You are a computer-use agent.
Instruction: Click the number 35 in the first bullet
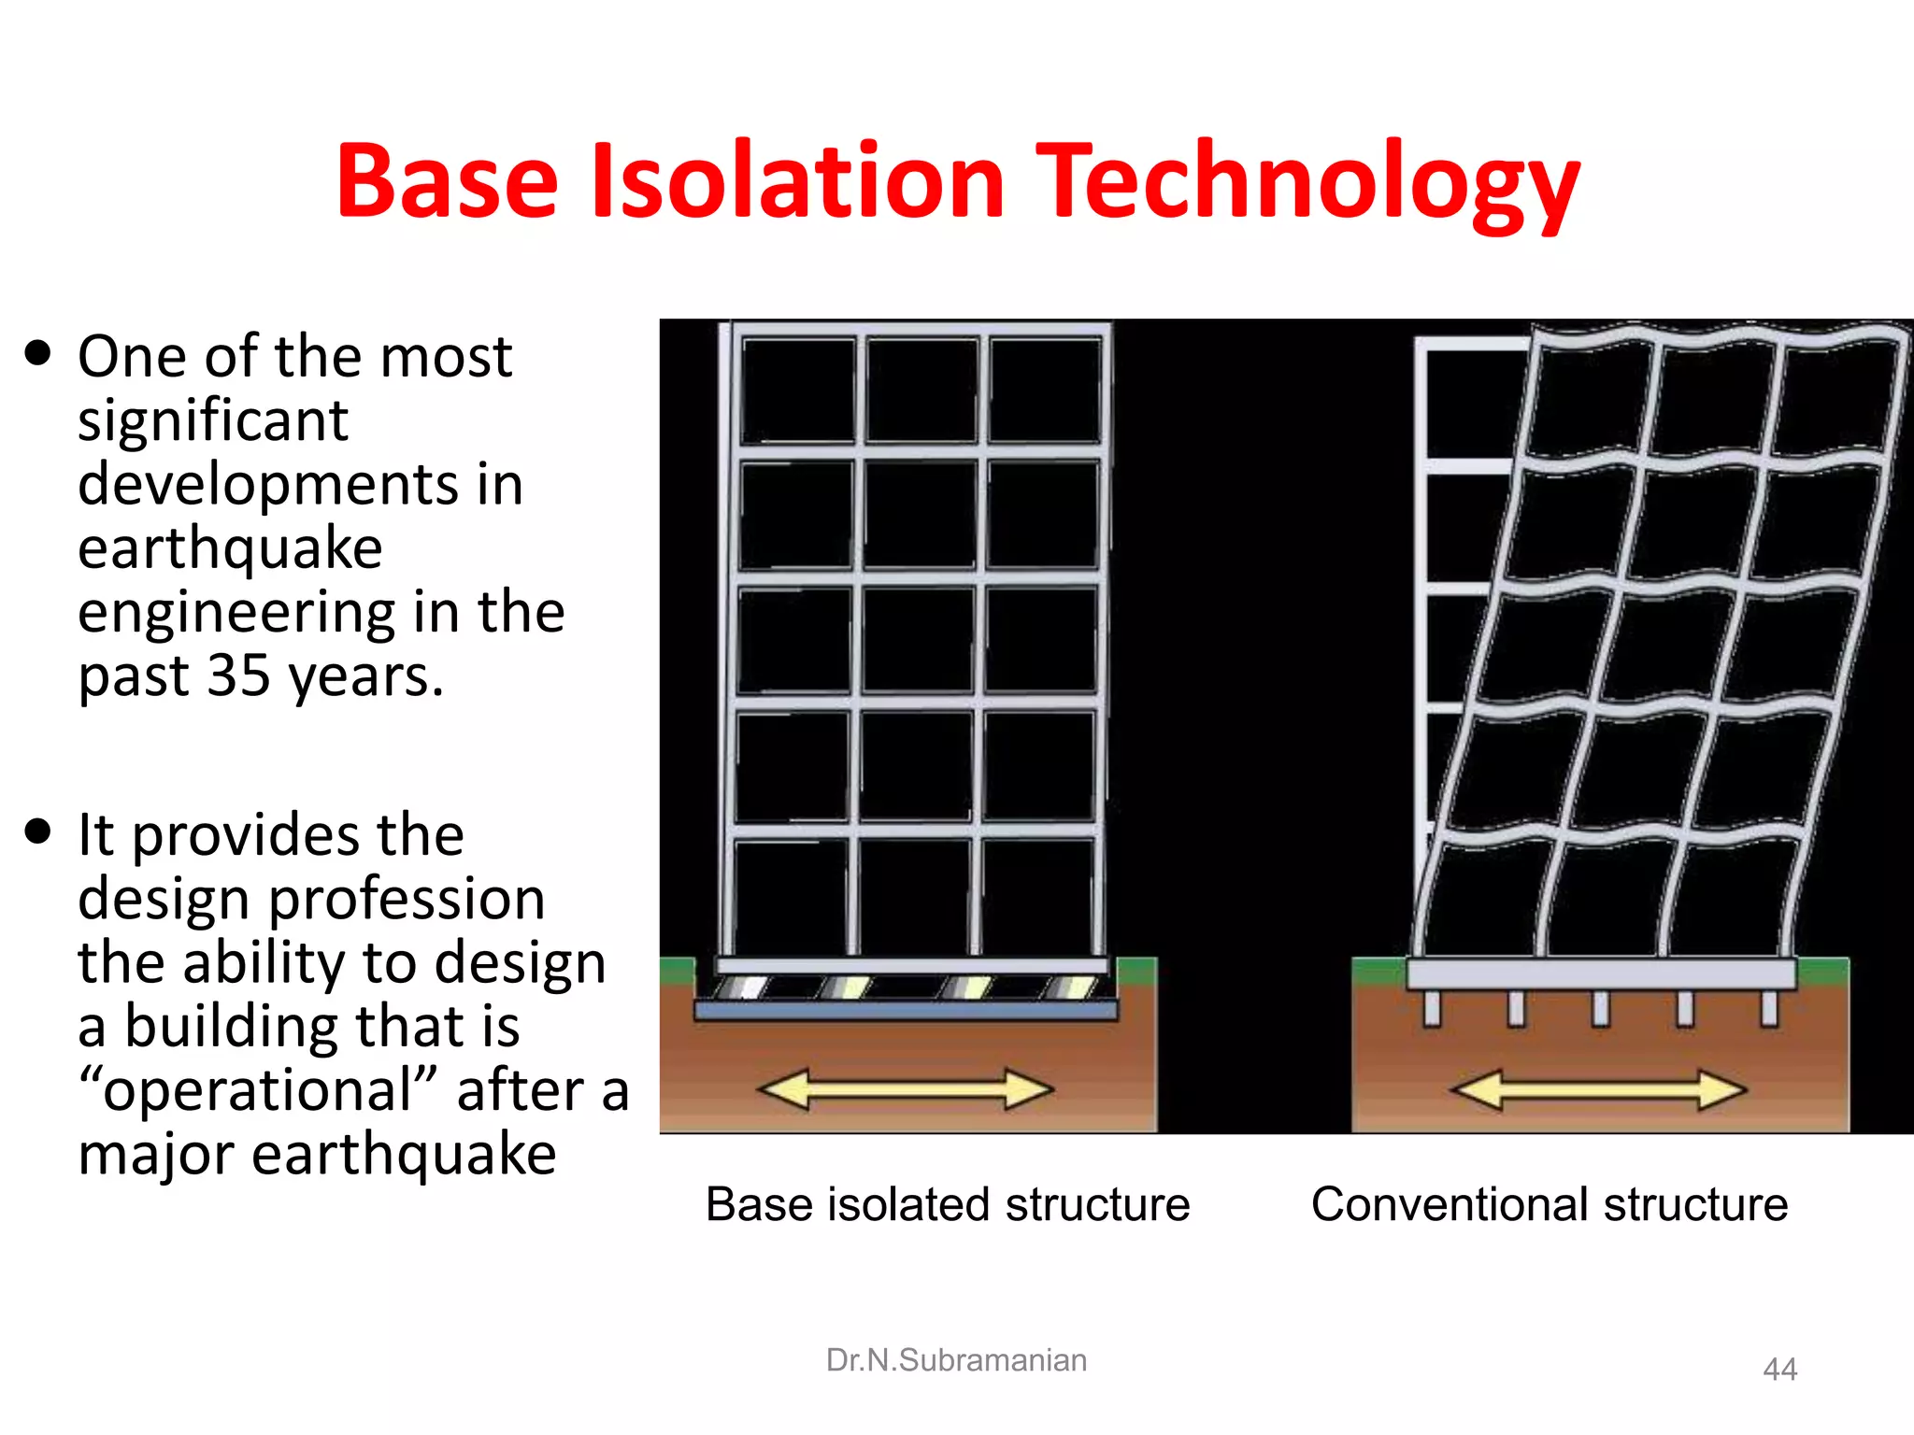[x=238, y=675]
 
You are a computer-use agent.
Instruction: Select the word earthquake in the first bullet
[x=230, y=547]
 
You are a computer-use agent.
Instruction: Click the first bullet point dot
[x=38, y=354]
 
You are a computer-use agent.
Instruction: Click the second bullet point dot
[x=38, y=831]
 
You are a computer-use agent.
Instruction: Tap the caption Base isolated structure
[x=947, y=1204]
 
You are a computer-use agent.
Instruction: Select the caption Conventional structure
[x=1549, y=1204]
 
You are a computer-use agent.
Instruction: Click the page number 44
[x=1779, y=1370]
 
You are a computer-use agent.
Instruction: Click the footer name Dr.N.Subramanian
[x=955, y=1360]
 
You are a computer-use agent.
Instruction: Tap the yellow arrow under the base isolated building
[x=905, y=1089]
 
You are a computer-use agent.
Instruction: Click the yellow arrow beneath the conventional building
[x=1597, y=1089]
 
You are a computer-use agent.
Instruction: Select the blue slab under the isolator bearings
[x=905, y=1010]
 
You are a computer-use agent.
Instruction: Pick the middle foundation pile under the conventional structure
[x=1601, y=1008]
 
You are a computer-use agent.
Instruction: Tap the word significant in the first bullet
[x=212, y=420]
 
